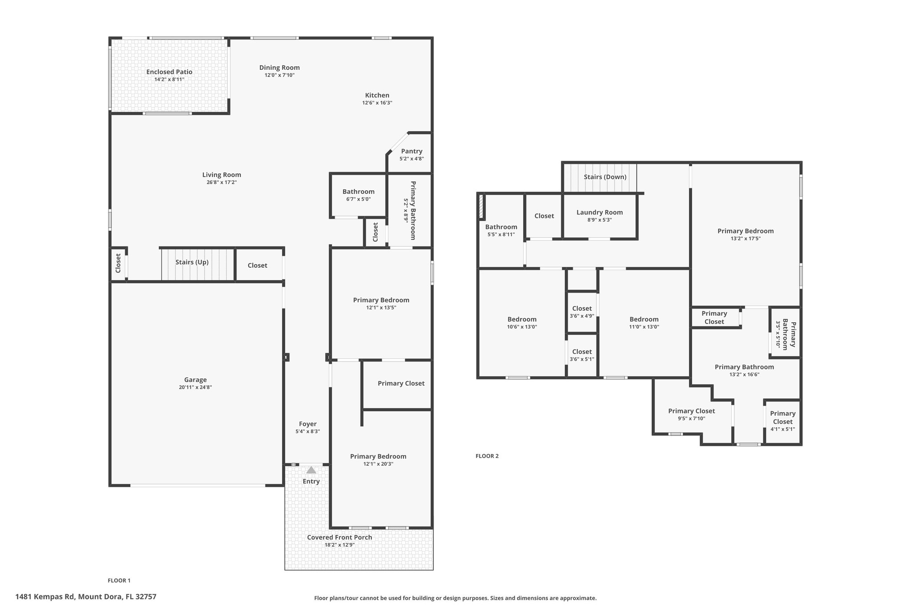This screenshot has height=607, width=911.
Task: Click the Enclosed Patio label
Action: (169, 72)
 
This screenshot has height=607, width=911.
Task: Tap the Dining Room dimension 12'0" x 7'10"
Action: (279, 75)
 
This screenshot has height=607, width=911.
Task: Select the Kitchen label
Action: (377, 95)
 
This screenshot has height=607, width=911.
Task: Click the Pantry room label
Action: (411, 151)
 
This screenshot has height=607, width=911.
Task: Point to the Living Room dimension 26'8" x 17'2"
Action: (222, 182)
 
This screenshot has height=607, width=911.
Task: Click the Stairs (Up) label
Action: (192, 262)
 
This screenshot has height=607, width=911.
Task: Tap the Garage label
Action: (195, 380)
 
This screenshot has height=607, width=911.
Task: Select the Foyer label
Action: (307, 424)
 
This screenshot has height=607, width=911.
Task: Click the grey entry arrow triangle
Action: (311, 470)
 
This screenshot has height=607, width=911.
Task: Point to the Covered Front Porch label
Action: (339, 537)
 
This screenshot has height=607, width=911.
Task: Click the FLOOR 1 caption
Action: (119, 580)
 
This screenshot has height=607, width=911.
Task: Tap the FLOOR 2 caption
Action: (487, 456)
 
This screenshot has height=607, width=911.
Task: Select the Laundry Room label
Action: (600, 212)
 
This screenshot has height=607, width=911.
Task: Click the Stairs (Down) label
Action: (605, 177)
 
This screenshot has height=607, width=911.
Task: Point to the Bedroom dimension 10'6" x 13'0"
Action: (522, 327)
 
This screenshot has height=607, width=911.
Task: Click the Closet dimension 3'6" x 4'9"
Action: (582, 316)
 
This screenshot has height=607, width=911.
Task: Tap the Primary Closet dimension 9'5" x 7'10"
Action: (691, 418)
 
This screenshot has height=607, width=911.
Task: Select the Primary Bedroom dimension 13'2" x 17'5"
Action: (746, 238)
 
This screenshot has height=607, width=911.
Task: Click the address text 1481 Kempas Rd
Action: (45, 597)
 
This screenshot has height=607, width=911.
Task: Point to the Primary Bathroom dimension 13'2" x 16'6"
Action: (744, 374)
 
